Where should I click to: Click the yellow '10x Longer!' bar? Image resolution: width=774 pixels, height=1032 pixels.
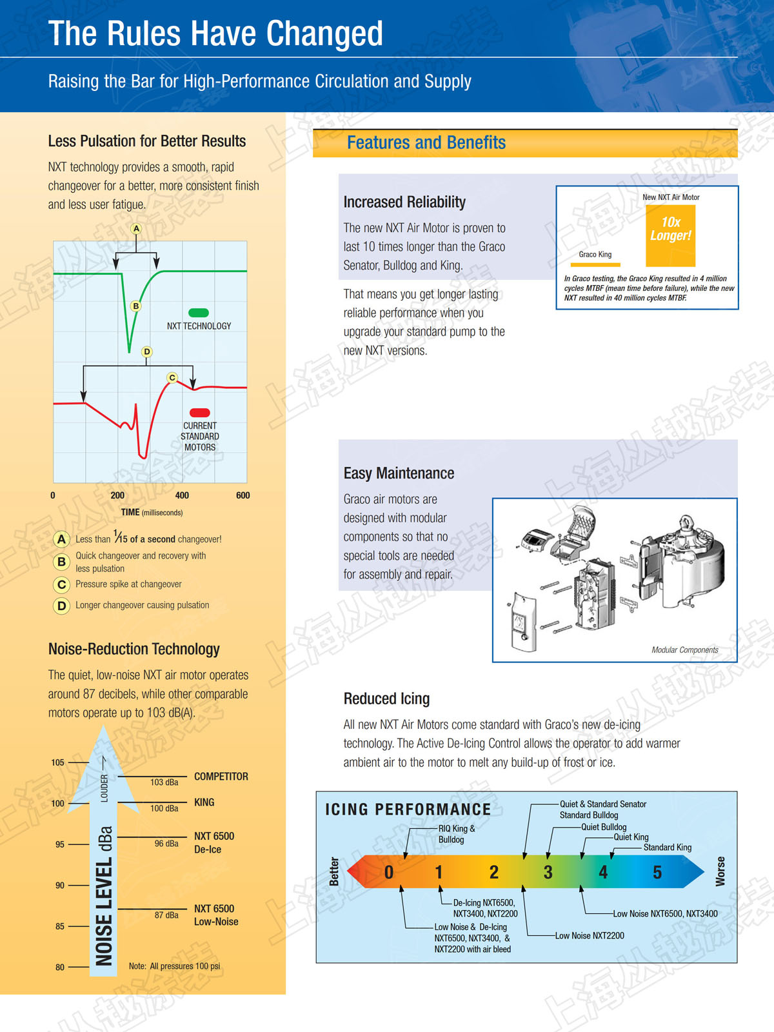pos(670,235)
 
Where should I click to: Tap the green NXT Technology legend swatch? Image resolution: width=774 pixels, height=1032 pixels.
pos(198,313)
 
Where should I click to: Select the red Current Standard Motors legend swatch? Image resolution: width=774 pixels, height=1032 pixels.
pos(200,412)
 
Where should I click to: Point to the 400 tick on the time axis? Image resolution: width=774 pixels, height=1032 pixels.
pos(182,495)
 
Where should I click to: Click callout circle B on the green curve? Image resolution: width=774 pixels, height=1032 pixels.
pos(136,306)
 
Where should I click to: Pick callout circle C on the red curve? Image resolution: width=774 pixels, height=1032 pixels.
pos(172,377)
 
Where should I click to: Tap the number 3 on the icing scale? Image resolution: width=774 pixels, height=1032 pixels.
pos(548,872)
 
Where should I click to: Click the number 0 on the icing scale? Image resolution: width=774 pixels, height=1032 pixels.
pos(389,872)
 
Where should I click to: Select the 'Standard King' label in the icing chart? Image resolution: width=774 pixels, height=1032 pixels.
pos(668,848)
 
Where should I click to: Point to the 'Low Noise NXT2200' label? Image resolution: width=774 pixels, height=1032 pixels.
pos(590,936)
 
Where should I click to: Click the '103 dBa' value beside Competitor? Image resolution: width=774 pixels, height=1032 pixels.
pos(164,782)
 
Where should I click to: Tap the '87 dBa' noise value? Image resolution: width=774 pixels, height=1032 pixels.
pos(166,915)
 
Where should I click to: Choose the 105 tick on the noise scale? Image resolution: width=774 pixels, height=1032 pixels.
pos(58,762)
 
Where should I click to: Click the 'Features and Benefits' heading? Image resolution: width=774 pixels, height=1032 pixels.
pos(426,143)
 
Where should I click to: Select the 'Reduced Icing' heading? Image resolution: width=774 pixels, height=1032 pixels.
pos(386,699)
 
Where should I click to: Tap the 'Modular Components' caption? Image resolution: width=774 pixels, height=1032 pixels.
pos(685,650)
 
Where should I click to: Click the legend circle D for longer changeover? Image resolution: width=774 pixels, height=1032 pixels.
pos(61,606)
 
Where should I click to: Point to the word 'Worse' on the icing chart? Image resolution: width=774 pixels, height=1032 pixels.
pos(720,871)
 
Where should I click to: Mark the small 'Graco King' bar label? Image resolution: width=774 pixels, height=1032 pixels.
pos(595,254)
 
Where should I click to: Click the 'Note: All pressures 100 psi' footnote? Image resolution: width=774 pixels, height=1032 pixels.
pos(174,966)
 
